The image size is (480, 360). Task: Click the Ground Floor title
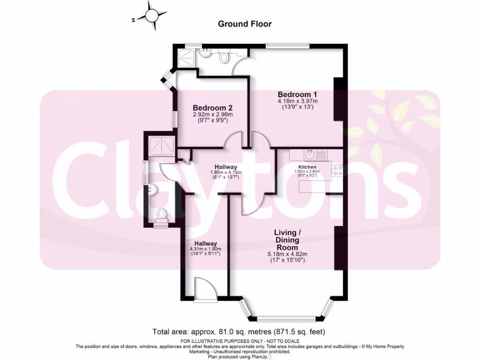pos(245,24)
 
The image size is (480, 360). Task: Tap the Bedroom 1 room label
pos(297,94)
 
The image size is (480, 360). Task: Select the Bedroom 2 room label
pos(213,107)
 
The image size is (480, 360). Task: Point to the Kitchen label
pos(307,167)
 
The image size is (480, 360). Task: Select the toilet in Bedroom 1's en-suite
pos(225,57)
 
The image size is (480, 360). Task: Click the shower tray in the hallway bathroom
pos(162,146)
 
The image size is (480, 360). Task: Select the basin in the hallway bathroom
pos(153,190)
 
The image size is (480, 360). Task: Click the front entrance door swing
pos(203,288)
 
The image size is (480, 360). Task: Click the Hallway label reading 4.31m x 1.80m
pos(206,243)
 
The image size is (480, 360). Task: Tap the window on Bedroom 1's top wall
pos(286,45)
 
